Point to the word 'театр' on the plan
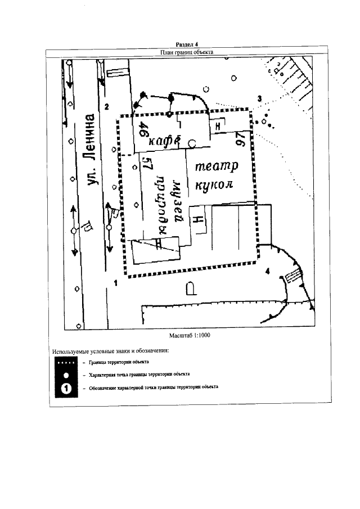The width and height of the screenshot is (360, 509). click(x=217, y=166)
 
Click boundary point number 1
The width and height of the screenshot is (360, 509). click(x=115, y=282)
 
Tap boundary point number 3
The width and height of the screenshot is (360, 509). click(x=259, y=100)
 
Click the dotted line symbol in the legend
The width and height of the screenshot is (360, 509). click(x=66, y=363)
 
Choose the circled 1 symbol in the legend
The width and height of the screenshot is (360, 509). click(x=66, y=388)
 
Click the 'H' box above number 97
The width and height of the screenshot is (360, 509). click(x=217, y=126)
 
